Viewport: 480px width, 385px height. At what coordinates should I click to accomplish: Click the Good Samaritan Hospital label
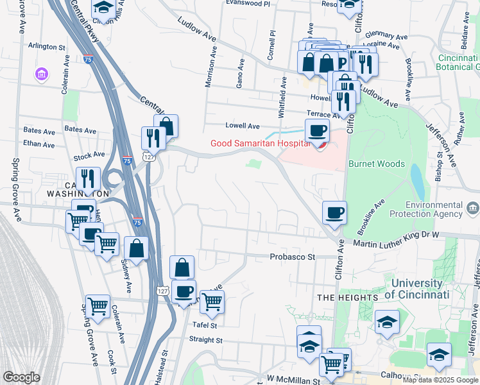pyautogui.click(x=260, y=143)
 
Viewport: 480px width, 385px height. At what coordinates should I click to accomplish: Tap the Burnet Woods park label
pyautogui.click(x=376, y=164)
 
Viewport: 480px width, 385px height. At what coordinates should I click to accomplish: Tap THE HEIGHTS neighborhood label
pyautogui.click(x=347, y=298)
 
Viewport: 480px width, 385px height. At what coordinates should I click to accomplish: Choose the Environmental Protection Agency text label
pyautogui.click(x=435, y=209)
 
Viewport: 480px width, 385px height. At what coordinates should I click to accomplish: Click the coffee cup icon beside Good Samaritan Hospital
pyautogui.click(x=316, y=132)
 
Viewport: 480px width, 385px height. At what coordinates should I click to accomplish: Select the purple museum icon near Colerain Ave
pyautogui.click(x=42, y=74)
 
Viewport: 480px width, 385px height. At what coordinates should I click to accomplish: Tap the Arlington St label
pyautogui.click(x=47, y=47)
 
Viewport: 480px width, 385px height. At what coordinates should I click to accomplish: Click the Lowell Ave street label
pyautogui.click(x=242, y=126)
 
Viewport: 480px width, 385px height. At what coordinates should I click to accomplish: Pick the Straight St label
pyautogui.click(x=205, y=340)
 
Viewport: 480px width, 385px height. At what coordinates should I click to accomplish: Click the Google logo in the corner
pyautogui.click(x=21, y=377)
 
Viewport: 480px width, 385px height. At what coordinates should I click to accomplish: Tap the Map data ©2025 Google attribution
pyautogui.click(x=440, y=380)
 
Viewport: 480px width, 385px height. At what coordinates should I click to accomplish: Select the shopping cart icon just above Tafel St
pyautogui.click(x=212, y=302)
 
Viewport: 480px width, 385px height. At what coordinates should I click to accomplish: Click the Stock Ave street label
pyautogui.click(x=89, y=155)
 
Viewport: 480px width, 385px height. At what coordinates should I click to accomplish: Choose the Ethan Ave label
pyautogui.click(x=39, y=144)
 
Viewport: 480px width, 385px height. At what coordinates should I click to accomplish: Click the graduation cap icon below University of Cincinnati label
pyautogui.click(x=387, y=322)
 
